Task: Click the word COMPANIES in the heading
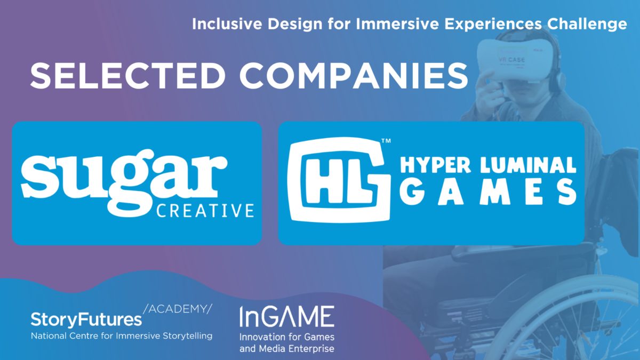(354, 75)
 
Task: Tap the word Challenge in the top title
(587, 25)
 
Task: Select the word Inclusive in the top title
(227, 24)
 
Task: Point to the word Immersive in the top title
(397, 24)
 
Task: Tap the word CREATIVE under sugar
(205, 211)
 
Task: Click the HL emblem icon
(339, 180)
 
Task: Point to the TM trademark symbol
(386, 141)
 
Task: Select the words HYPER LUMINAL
(488, 165)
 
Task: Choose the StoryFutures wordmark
(86, 320)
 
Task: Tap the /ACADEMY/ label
(178, 309)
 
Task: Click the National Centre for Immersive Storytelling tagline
(122, 335)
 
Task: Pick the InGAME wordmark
(287, 316)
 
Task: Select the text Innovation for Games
(287, 337)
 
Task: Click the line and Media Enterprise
(287, 349)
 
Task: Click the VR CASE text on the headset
(511, 60)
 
